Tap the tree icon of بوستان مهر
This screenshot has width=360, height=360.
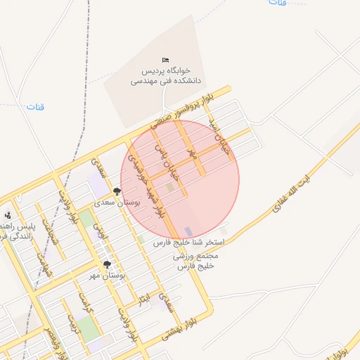click(107, 264)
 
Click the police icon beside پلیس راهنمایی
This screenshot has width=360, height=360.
click(7, 214)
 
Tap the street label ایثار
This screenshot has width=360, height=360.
click(144, 300)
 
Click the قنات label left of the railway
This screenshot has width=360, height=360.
click(35, 107)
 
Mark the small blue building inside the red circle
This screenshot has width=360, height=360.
click(188, 231)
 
